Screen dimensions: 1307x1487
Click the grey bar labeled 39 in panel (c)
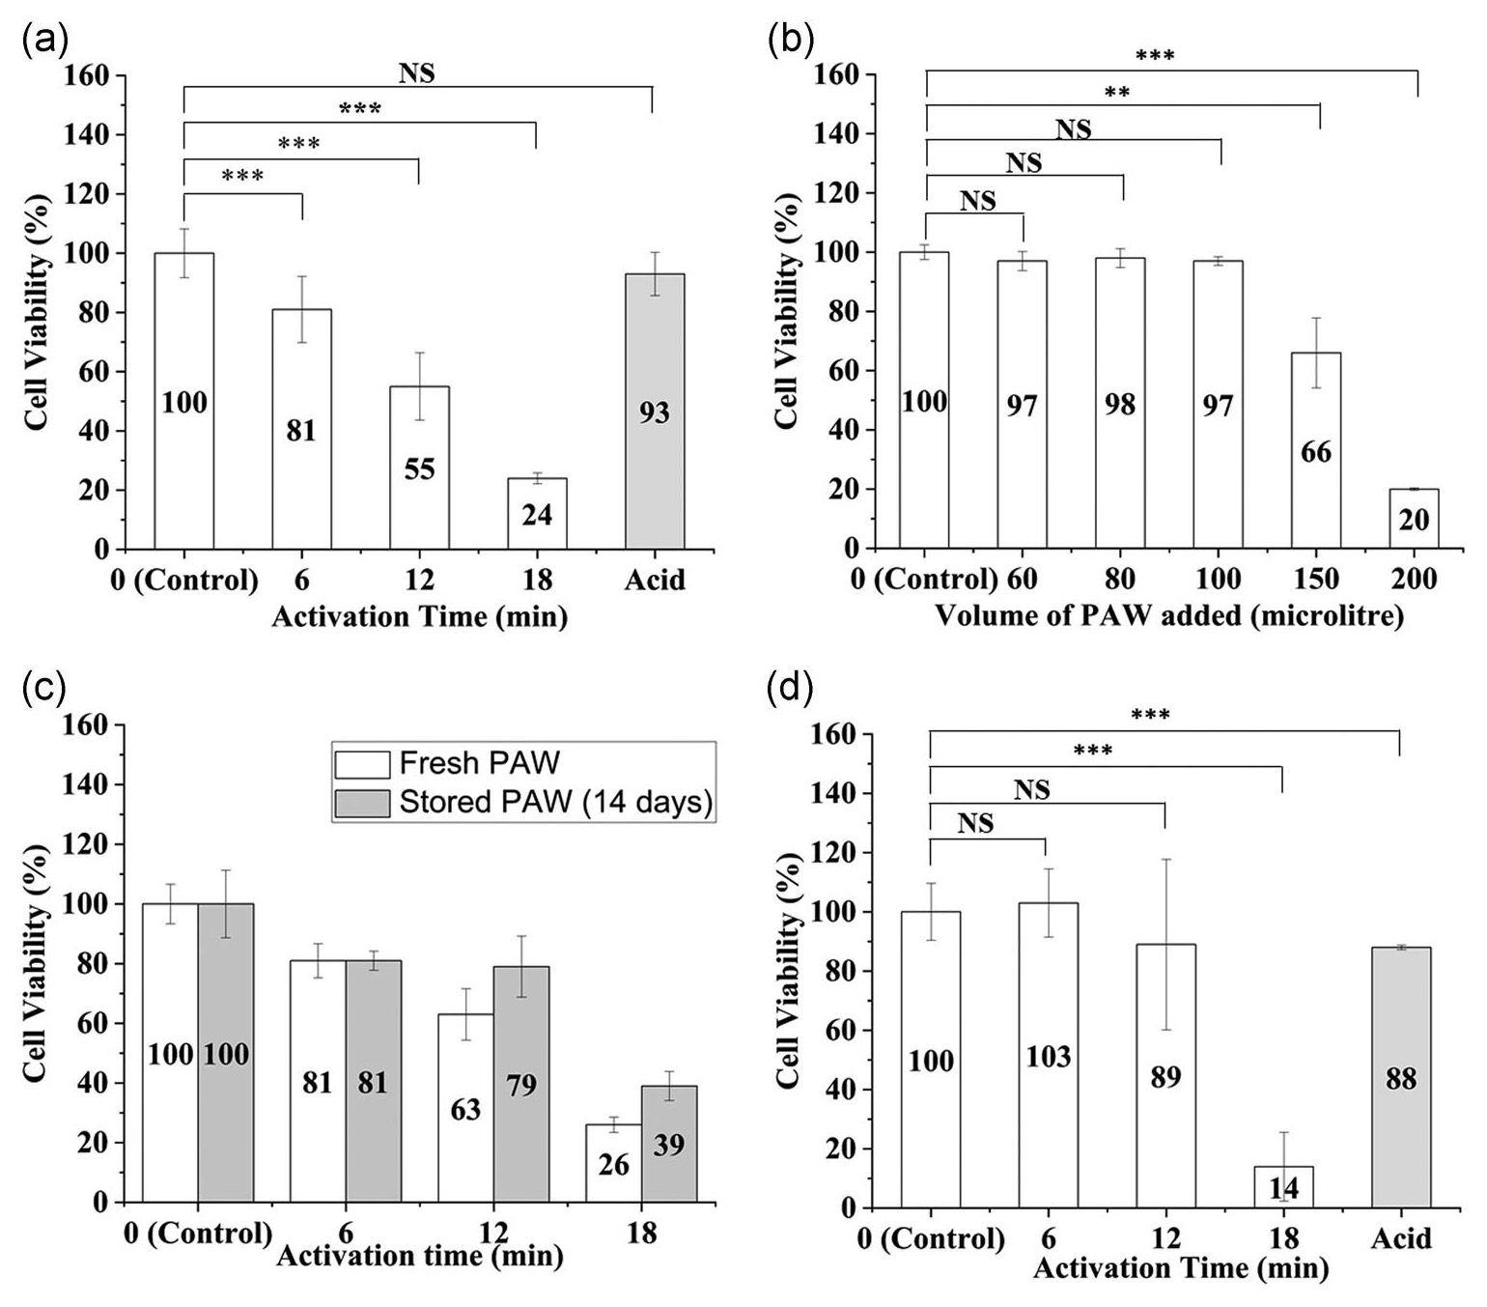(669, 1145)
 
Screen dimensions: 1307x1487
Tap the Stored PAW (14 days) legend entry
(522, 803)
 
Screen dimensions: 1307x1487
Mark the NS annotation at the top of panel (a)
(417, 72)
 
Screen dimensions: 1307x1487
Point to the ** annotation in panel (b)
(1117, 94)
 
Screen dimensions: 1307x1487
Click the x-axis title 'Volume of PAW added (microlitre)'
(1168, 615)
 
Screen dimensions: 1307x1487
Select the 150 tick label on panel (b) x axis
(1316, 580)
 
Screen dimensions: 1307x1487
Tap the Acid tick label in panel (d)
(1401, 1238)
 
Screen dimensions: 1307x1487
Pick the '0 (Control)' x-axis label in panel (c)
(198, 1234)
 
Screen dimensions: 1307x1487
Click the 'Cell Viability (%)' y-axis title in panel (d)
(790, 971)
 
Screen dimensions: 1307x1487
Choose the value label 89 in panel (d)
(1165, 1077)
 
